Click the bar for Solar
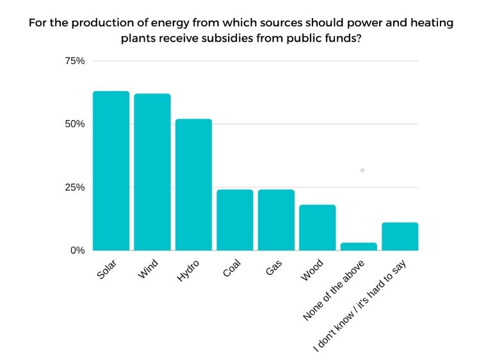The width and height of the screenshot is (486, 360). coord(111,171)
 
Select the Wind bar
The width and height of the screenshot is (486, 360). coord(152,172)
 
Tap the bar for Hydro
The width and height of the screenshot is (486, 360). coord(193,185)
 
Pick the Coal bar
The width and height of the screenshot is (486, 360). coord(235,220)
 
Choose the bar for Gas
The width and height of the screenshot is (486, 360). coord(276,220)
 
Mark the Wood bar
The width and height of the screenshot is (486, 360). coord(318,228)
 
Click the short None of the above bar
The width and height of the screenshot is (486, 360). coord(359,247)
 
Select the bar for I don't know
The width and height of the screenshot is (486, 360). coord(400,236)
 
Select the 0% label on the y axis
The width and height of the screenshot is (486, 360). coord(77,250)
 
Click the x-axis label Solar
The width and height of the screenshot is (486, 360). coord(107,270)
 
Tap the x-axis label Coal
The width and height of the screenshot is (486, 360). coord(231,270)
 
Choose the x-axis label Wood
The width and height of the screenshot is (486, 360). coord(312,270)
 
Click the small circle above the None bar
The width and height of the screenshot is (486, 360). coord(362,170)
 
